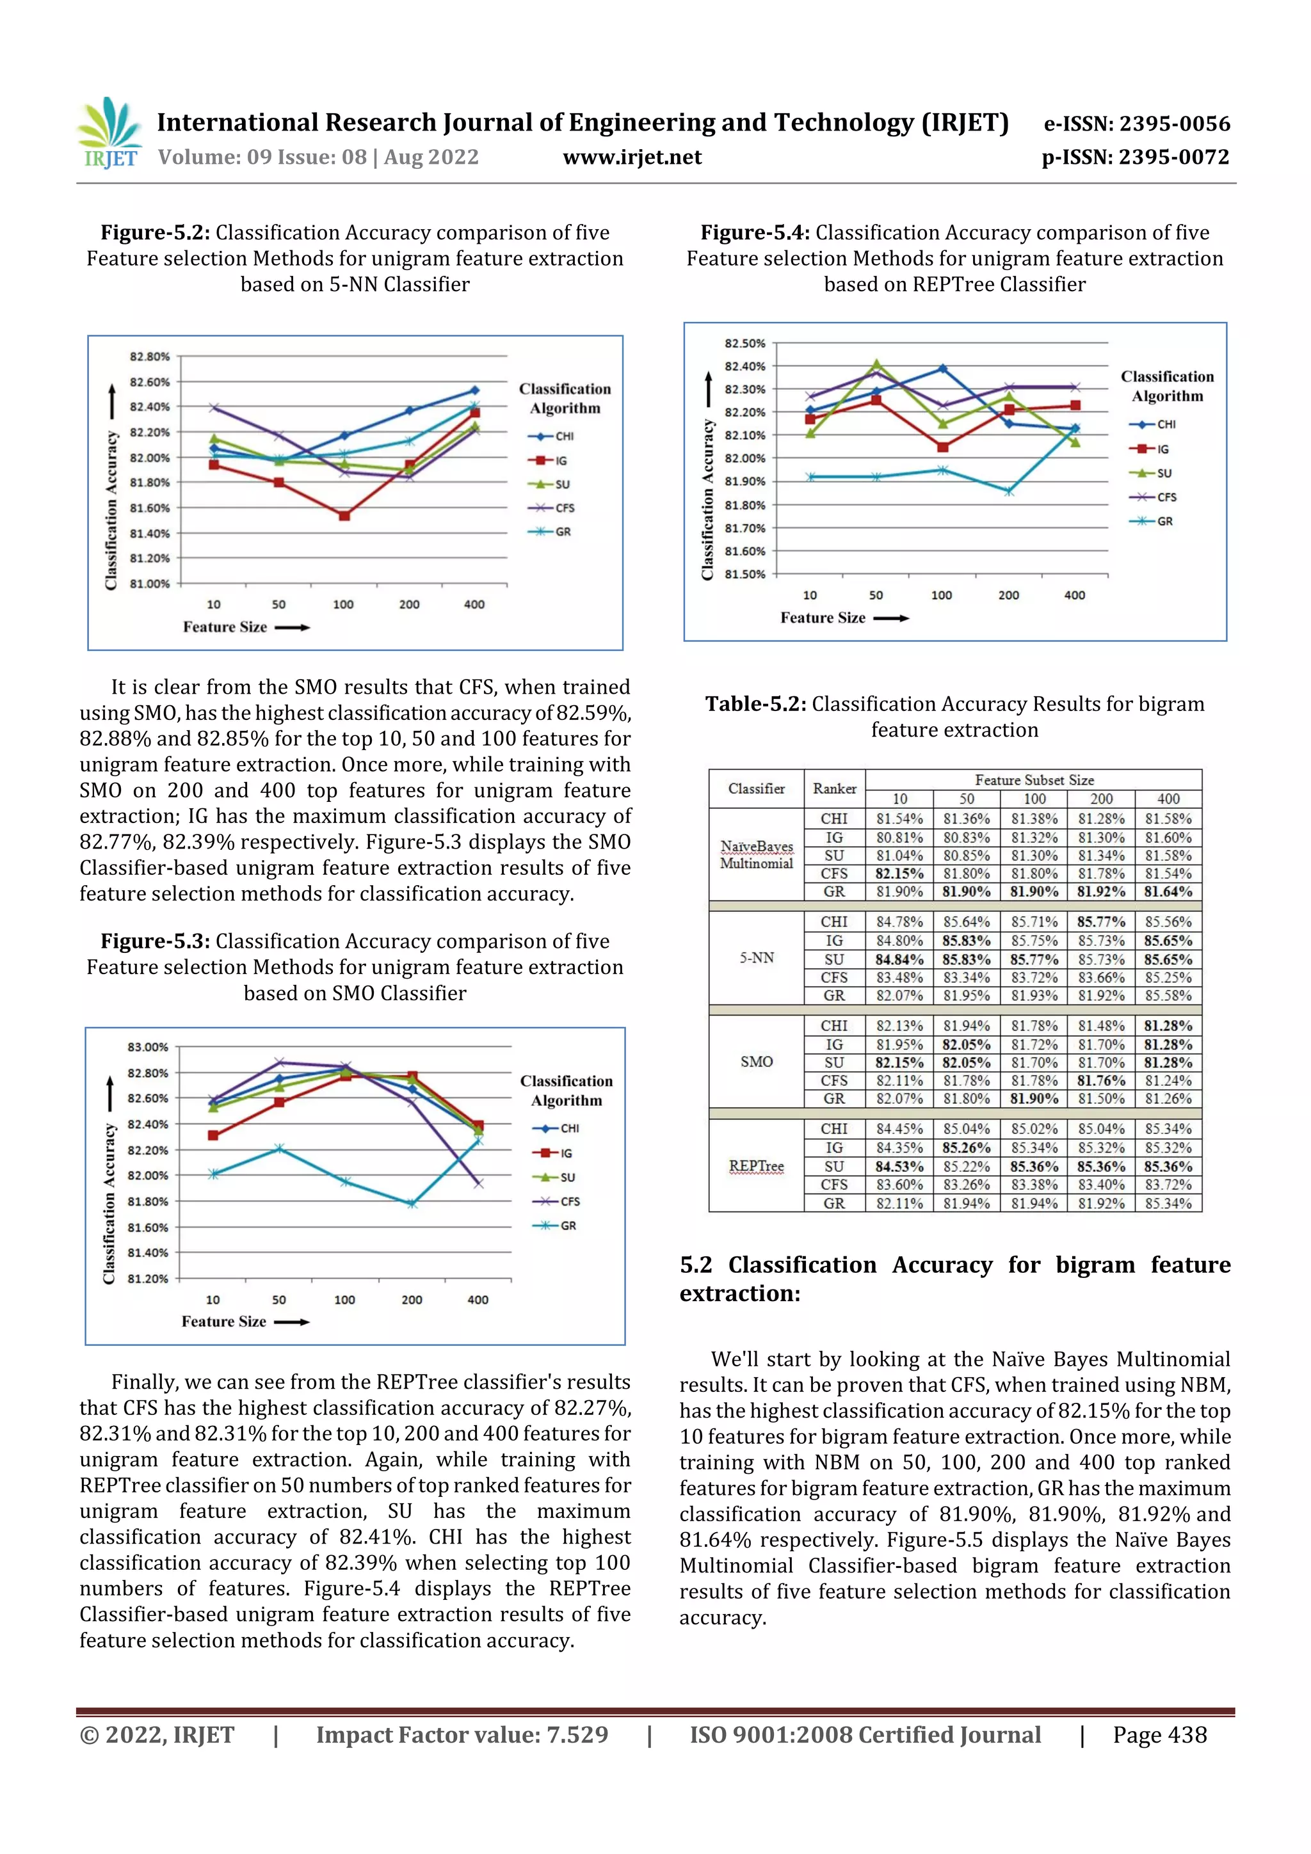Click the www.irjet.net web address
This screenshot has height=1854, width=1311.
pyautogui.click(x=632, y=157)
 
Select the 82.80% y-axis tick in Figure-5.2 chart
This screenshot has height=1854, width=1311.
pyautogui.click(x=149, y=356)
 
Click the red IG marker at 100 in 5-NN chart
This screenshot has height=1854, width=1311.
pyautogui.click(x=344, y=515)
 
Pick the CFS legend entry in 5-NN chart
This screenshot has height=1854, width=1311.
pyautogui.click(x=552, y=508)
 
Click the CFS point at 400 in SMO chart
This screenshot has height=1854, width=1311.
pyautogui.click(x=478, y=1183)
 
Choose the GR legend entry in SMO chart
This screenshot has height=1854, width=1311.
pyautogui.click(x=556, y=1225)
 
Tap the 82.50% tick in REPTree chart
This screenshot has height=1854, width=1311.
pyautogui.click(x=744, y=343)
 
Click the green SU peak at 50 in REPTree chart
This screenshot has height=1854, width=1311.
pyautogui.click(x=876, y=364)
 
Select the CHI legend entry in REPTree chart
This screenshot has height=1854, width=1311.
pyautogui.click(x=1154, y=424)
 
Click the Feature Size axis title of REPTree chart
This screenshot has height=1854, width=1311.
pyautogui.click(x=823, y=618)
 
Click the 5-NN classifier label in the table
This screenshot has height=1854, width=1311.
pyautogui.click(x=756, y=957)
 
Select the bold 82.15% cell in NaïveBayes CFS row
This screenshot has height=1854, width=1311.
pyautogui.click(x=899, y=874)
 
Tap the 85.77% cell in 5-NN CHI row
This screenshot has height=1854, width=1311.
pyautogui.click(x=1100, y=922)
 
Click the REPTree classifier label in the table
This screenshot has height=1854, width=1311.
pyautogui.click(x=756, y=1165)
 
